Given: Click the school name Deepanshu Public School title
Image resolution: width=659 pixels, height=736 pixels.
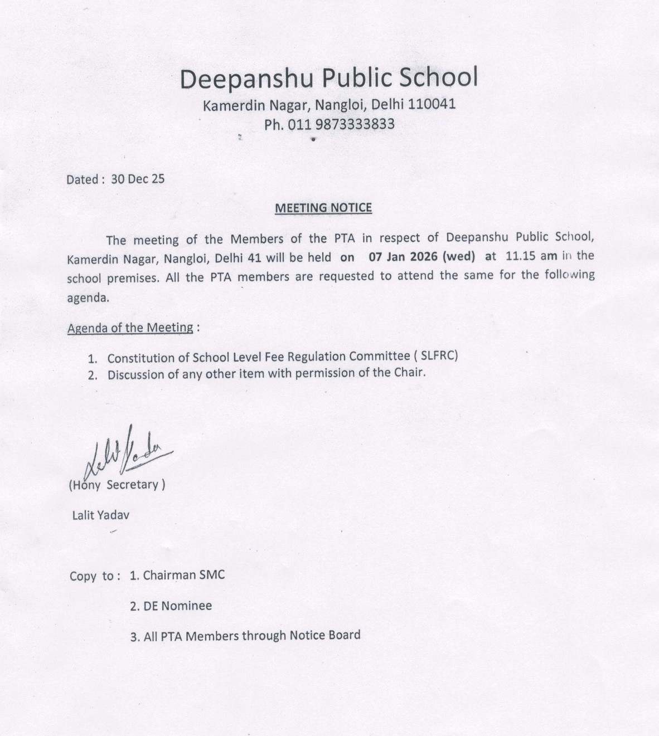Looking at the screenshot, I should click(329, 78).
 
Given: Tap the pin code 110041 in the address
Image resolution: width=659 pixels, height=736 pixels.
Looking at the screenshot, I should click(432, 104).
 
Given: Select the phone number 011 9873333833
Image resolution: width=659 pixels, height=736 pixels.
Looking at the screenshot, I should click(341, 124).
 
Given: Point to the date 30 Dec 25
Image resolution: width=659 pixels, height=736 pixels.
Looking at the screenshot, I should click(138, 179).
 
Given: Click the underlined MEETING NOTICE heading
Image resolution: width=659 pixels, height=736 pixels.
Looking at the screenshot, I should click(323, 208).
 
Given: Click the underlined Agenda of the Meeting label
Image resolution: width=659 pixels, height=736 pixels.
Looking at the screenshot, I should click(130, 328).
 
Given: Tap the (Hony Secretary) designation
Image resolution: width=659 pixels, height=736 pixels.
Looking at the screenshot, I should click(117, 485).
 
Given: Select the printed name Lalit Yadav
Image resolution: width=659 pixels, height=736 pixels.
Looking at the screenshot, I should click(100, 515).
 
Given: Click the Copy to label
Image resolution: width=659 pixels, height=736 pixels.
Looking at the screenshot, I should click(94, 576).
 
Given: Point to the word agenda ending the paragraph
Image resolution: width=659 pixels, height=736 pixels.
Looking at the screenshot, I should click(88, 298).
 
